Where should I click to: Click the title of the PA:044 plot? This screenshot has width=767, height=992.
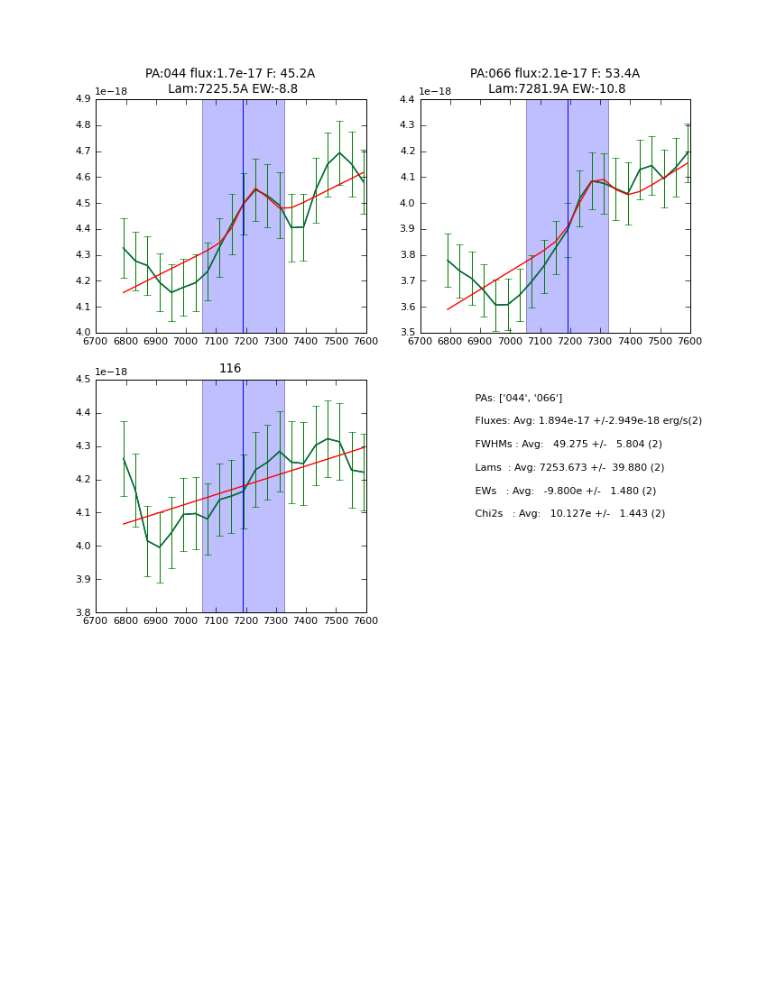point(230,81)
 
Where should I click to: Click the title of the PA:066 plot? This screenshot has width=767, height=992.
point(555,81)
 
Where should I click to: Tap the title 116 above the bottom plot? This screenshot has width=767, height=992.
point(230,369)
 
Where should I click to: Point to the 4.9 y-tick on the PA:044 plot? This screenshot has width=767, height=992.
point(82,99)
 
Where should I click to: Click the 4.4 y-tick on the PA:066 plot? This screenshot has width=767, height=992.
point(406,99)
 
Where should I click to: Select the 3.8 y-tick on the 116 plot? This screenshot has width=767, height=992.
point(82,612)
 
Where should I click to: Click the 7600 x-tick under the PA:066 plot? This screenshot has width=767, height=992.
point(689,341)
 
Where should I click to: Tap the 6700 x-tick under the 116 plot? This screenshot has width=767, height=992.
point(96,620)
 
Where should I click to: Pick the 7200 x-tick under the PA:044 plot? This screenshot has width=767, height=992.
point(245,341)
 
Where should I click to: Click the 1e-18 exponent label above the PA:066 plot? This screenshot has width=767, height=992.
point(435,91)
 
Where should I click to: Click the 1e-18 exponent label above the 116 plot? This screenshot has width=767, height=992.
point(111,372)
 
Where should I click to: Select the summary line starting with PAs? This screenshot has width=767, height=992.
point(518,398)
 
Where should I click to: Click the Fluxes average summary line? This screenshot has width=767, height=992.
point(587,421)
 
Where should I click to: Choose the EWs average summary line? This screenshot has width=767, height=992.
point(566,491)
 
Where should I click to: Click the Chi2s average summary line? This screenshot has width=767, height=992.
point(569,513)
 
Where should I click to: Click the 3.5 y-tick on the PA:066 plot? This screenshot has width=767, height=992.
point(406,333)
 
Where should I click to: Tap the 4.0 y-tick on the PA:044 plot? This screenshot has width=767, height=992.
point(82,333)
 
